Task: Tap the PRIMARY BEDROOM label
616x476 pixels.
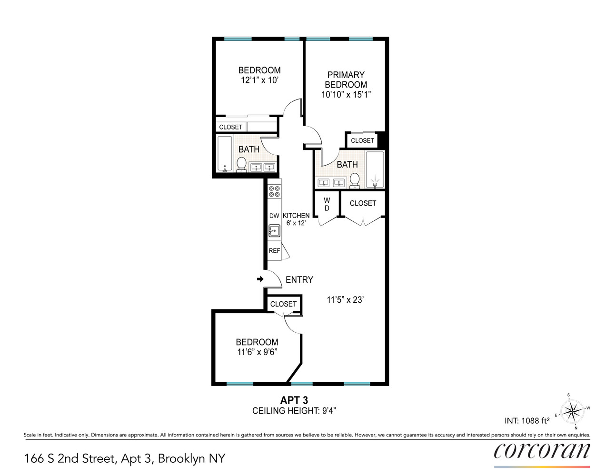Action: pos(346,80)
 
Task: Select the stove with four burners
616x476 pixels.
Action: pos(274,191)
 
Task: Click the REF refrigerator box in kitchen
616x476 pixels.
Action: pos(275,251)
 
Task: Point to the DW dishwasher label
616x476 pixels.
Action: pos(274,216)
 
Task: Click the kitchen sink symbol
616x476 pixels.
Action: pos(274,231)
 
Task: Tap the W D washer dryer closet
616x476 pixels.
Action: pos(327,205)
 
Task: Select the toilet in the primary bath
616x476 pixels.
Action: pos(354,180)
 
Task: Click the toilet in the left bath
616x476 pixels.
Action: pos(241,164)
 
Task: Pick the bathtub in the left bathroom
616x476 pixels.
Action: pos(224,154)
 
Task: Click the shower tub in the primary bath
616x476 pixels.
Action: pos(375,170)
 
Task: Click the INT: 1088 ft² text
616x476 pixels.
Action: pos(527,421)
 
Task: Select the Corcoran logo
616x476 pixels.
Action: pos(542,451)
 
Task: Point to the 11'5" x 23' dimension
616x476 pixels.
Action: pos(345,300)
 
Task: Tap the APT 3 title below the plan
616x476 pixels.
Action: pos(294,400)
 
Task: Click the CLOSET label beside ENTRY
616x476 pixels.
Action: pos(283,304)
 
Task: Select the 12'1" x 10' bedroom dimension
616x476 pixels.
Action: pos(259,80)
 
